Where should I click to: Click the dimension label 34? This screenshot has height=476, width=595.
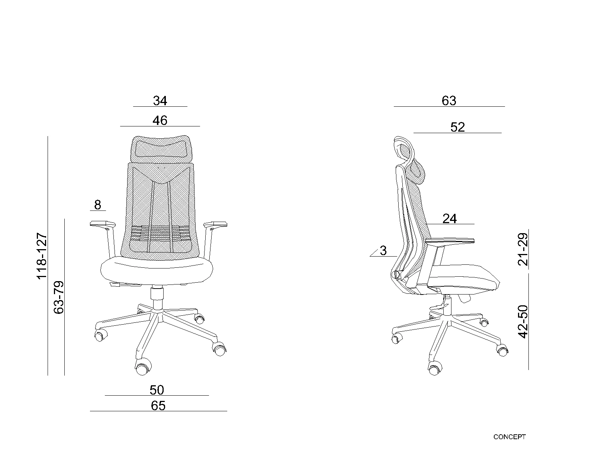(160, 101)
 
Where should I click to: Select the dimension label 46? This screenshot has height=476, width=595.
(160, 120)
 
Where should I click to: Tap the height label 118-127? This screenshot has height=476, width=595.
(42, 256)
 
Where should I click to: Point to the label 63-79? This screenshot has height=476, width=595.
(59, 297)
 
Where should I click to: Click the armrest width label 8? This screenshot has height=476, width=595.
(97, 205)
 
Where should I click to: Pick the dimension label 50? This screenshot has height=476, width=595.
(157, 390)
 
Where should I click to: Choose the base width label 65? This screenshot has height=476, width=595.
(158, 406)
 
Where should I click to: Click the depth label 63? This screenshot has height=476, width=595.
(449, 101)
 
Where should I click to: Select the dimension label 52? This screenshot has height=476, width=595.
(457, 127)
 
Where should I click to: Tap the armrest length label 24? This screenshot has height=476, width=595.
(450, 219)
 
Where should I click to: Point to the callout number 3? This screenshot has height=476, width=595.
(383, 251)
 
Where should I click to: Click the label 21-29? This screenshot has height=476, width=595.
(523, 249)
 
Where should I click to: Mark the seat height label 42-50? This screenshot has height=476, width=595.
(523, 322)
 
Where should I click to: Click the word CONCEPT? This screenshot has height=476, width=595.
(509, 437)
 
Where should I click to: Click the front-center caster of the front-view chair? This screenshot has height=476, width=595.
(143, 366)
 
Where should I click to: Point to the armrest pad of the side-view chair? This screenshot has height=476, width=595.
(450, 241)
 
